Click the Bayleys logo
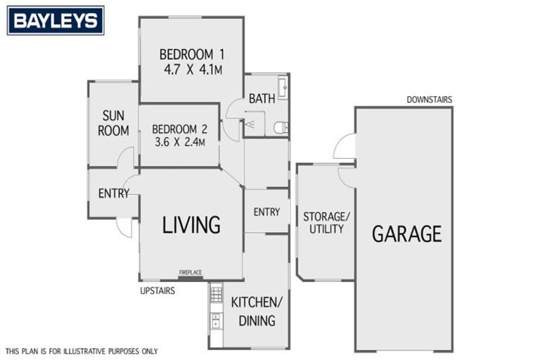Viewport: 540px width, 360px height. click(56, 20)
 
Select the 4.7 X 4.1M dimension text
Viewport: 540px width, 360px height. click(191, 70)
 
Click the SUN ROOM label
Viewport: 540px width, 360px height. click(115, 122)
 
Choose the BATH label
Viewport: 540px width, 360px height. click(261, 99)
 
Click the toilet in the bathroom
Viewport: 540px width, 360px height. click(281, 127)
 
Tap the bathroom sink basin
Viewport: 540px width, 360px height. click(283, 88)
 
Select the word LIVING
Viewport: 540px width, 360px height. click(191, 225)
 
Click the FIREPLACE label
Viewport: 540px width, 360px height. click(191, 272)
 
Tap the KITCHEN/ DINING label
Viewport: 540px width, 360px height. click(256, 311)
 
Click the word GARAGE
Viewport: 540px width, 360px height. click(406, 233)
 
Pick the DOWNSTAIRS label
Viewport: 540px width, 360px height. click(429, 100)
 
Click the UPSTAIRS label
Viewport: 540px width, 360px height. click(157, 290)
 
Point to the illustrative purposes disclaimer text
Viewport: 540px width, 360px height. click(82, 351)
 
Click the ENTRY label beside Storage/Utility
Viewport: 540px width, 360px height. click(266, 212)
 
